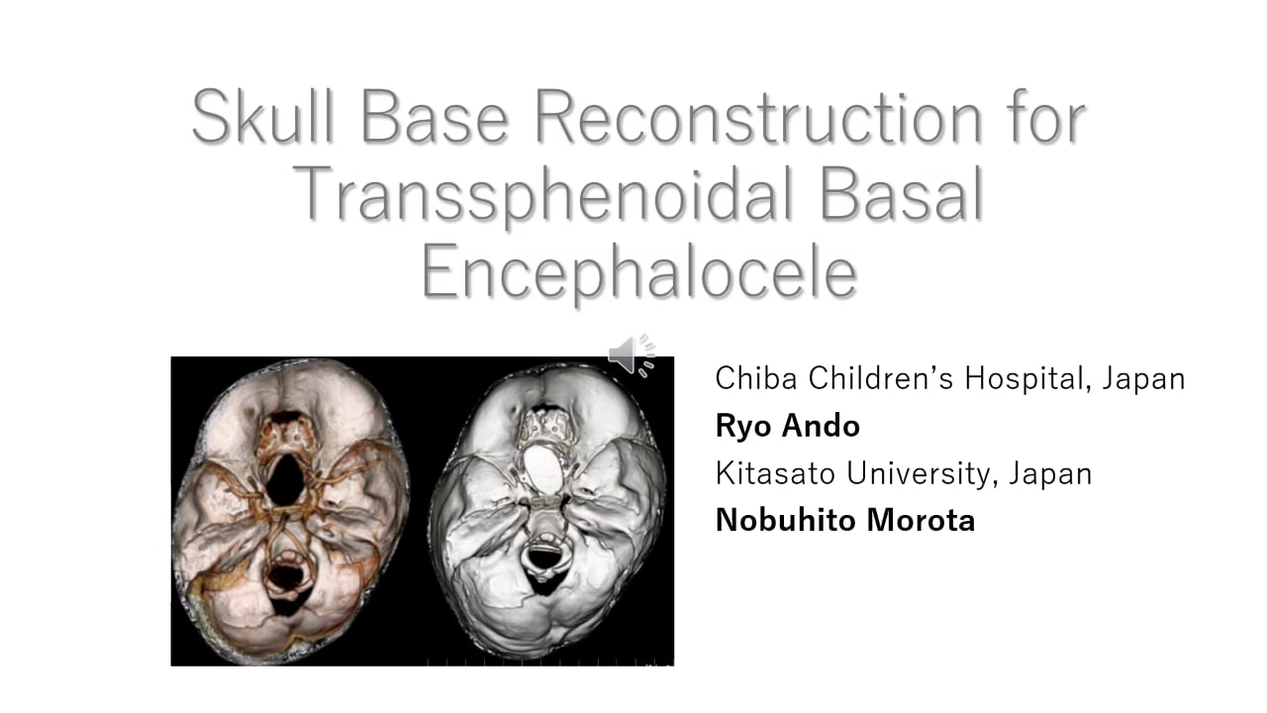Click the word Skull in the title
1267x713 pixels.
tap(264, 117)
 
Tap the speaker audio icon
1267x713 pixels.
tap(632, 355)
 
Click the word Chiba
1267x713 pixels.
tap(756, 378)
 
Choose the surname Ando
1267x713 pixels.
tap(821, 426)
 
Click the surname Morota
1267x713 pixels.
tap(919, 520)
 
